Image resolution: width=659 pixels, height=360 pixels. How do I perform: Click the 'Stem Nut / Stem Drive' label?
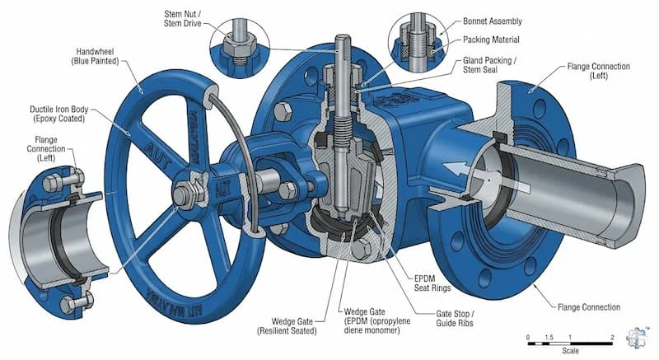click(x=182, y=19)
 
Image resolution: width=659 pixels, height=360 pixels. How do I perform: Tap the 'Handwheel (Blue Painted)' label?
click(x=95, y=56)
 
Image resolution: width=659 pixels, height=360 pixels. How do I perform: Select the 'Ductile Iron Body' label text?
click(x=58, y=110)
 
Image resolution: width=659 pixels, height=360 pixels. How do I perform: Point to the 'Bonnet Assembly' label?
click(x=492, y=21)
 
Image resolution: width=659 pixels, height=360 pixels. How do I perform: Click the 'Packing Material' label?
click(x=491, y=40)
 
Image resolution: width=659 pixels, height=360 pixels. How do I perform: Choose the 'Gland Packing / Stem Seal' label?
click(x=489, y=65)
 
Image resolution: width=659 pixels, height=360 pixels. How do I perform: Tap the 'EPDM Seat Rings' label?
click(x=432, y=283)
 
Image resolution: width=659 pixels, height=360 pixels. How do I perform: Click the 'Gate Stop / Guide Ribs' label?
click(x=455, y=319)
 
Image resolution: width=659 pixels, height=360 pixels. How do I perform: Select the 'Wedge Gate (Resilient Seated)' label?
click(x=287, y=326)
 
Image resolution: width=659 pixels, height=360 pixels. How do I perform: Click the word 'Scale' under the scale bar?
click(x=570, y=350)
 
